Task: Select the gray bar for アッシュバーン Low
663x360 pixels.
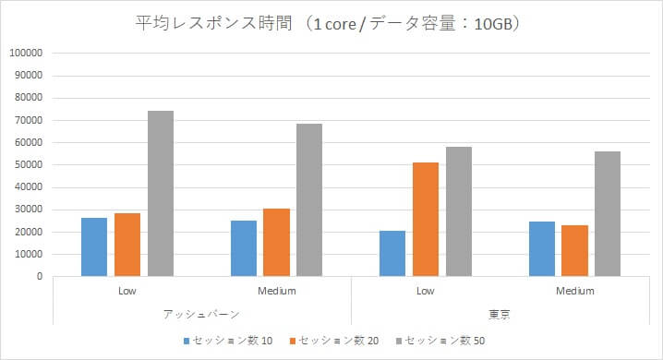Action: (161, 193)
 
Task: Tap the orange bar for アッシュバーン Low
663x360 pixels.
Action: (127, 245)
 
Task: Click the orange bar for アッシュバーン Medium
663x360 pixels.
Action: (276, 242)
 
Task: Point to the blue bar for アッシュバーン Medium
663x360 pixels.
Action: (244, 248)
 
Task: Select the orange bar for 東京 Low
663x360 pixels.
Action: (426, 219)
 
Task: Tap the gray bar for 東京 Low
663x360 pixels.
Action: (459, 211)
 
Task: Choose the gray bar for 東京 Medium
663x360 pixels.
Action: (608, 213)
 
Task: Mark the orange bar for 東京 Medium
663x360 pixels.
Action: (574, 250)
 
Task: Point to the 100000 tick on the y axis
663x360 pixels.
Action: (26, 54)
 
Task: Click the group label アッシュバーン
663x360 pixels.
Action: (202, 314)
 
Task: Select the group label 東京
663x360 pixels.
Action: (500, 314)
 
